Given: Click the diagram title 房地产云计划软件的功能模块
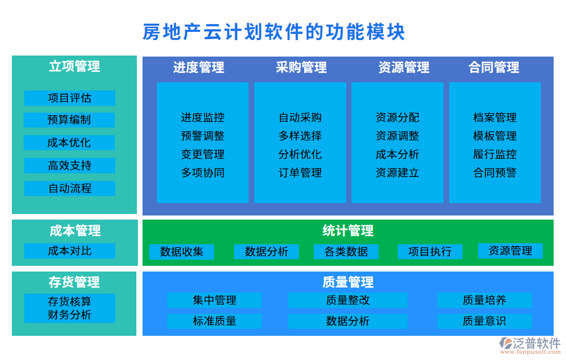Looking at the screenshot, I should [x=274, y=32].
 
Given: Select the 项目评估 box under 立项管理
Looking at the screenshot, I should [x=69, y=98].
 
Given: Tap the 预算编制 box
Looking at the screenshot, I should [x=69, y=120].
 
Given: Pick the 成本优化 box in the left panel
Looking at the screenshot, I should [x=69, y=143].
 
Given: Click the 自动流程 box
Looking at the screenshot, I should [x=69, y=188].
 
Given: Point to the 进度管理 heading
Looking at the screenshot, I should [x=199, y=67].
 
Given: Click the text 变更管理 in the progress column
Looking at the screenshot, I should [x=203, y=154].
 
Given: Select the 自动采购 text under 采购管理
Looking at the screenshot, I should [x=300, y=117].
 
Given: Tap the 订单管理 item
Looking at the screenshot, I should [x=300, y=173].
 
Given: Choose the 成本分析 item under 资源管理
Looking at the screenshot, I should [x=397, y=154].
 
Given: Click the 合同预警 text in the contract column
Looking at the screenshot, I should [x=494, y=173].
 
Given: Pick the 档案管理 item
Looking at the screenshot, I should [x=494, y=117].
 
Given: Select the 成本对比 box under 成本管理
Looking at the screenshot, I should [x=69, y=251].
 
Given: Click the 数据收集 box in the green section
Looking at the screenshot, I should [x=182, y=252].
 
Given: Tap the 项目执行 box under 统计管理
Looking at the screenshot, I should [x=430, y=251].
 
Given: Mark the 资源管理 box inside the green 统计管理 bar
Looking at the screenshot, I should [x=510, y=251].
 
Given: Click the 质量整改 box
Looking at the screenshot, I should [x=347, y=300].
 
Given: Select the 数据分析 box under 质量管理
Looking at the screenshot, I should [x=347, y=321].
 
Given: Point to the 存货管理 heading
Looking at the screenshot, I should [x=74, y=282].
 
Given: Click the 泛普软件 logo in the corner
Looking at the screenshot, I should [x=530, y=345].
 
